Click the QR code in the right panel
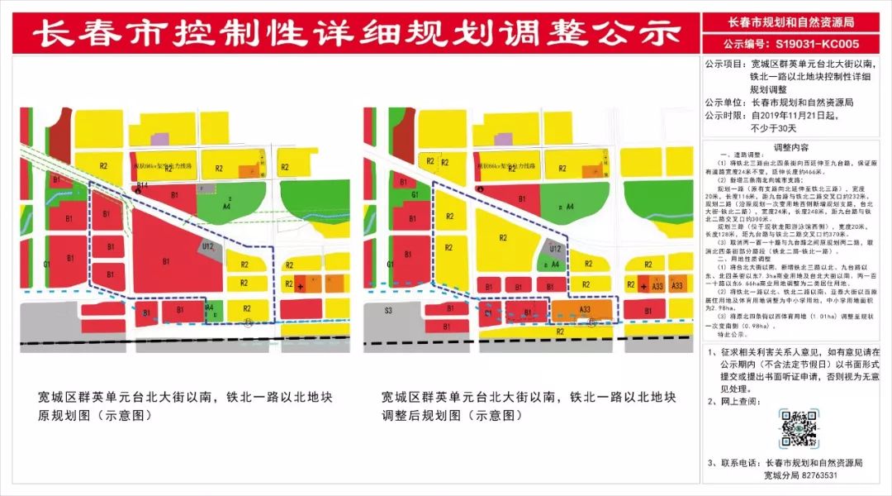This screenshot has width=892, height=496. pos(799,428)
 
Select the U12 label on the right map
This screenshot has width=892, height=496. pos(555,247)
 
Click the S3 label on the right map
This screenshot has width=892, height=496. pos(389,312)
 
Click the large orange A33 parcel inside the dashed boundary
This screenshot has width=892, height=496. pos(584,310)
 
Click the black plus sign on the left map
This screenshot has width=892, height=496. pos(299,286)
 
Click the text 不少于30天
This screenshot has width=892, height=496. pos(773,128)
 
